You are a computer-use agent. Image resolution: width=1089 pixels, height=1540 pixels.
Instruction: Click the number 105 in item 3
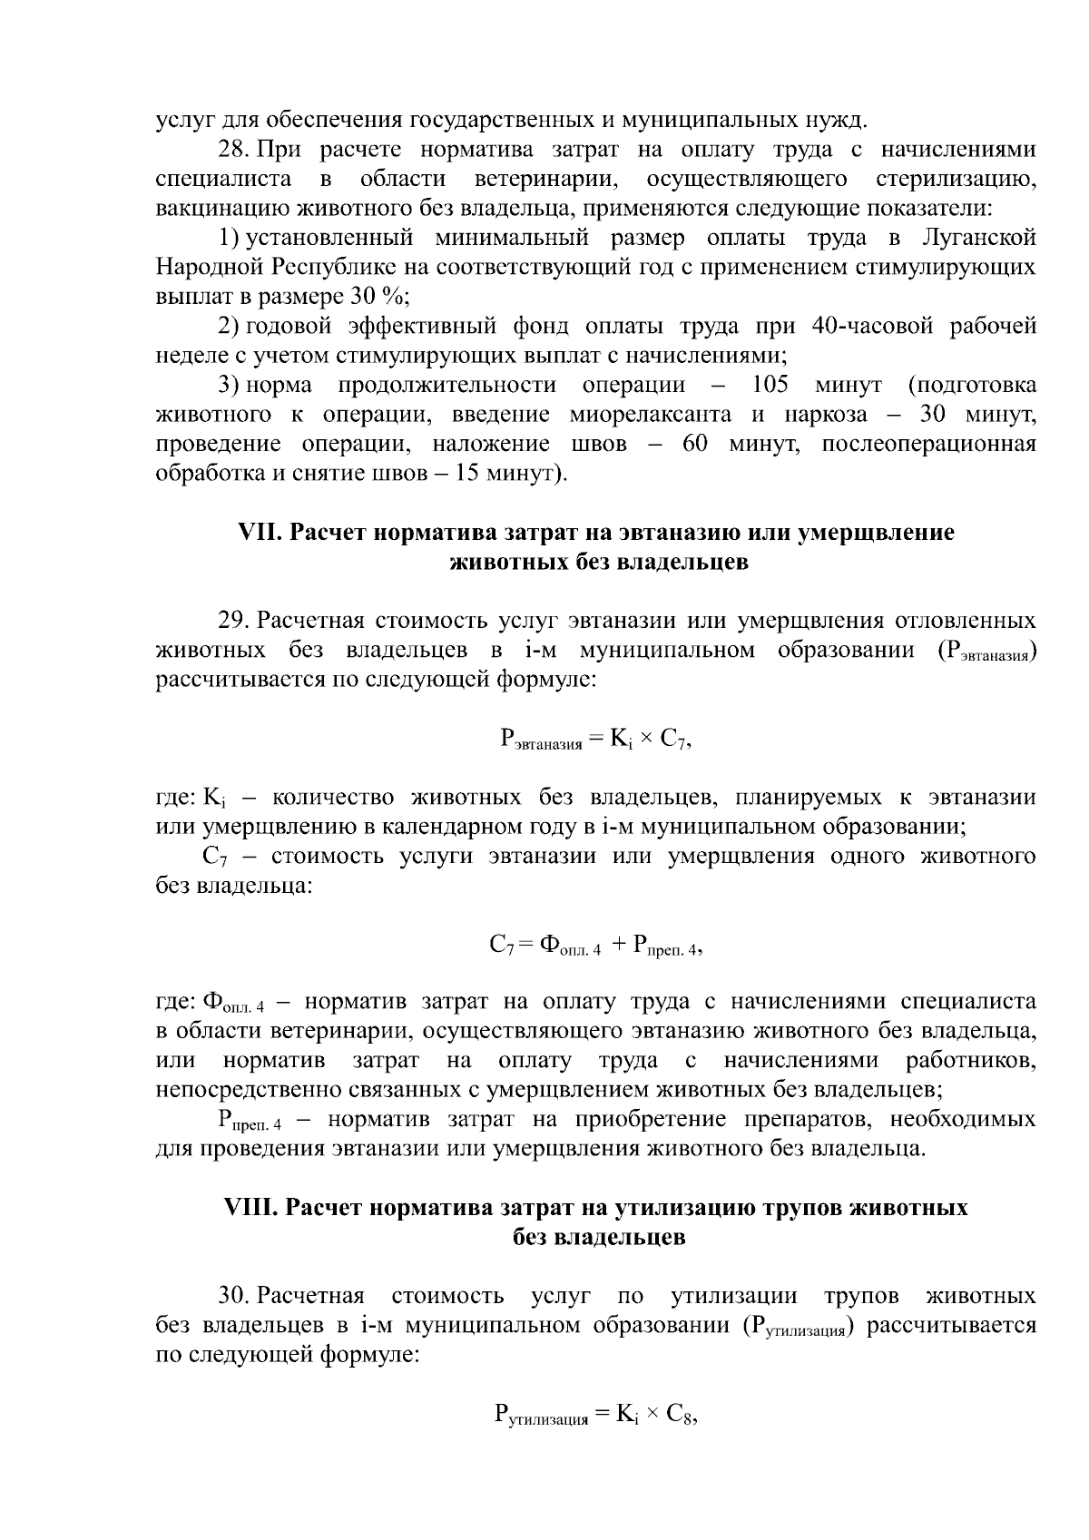[771, 386]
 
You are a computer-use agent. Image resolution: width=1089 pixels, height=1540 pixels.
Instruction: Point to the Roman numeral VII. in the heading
[260, 533]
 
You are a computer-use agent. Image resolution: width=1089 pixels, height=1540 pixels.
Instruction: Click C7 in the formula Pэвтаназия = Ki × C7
[673, 740]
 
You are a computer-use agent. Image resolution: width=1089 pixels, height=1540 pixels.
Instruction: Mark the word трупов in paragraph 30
[860, 1296]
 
